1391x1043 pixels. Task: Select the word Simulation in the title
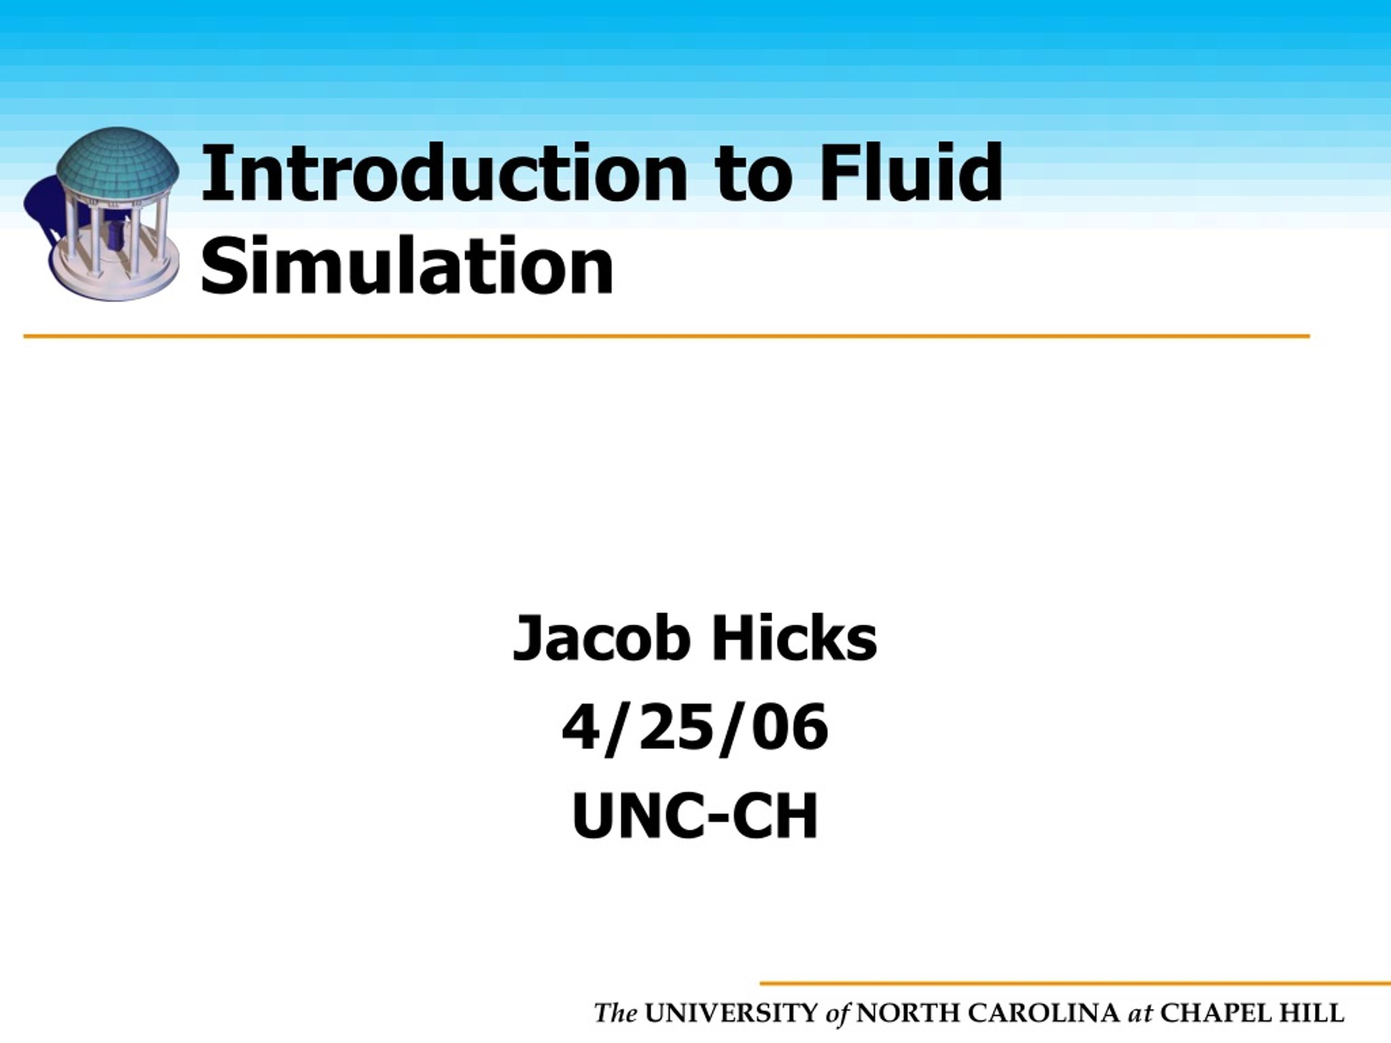click(407, 265)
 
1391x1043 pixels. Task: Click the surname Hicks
click(794, 638)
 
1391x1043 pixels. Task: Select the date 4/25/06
click(695, 727)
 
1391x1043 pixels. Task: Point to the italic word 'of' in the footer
click(838, 1015)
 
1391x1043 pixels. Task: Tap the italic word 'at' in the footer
click(1141, 1015)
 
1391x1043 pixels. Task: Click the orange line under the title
click(667, 336)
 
